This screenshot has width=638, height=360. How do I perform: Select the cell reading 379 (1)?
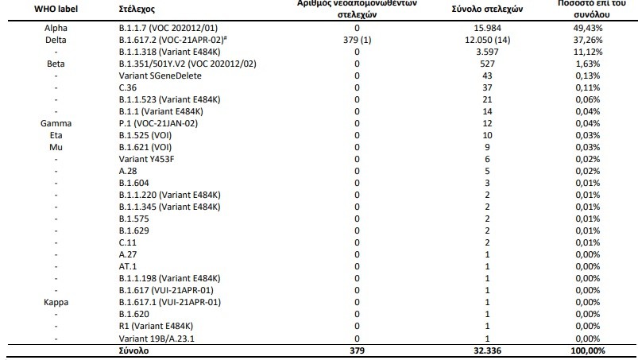click(x=358, y=40)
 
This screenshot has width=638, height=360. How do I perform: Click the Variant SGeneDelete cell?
click(x=160, y=75)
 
